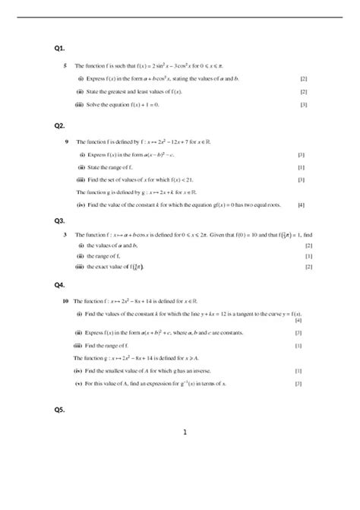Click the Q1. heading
click(60, 48)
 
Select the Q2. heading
click(60, 125)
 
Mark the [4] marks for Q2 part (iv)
click(302, 205)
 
